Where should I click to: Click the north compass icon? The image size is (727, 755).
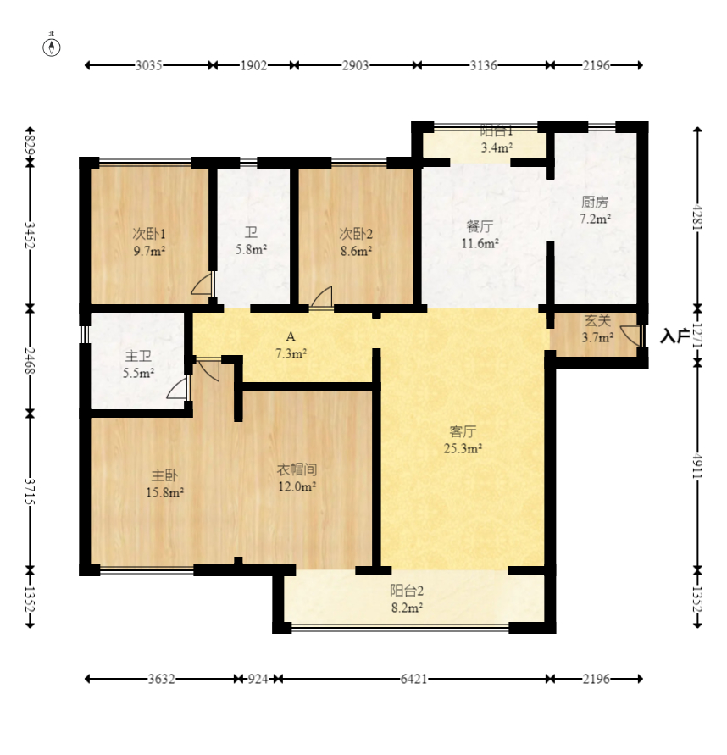[52, 47]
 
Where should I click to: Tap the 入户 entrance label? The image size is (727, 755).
[674, 336]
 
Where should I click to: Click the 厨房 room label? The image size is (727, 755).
[595, 202]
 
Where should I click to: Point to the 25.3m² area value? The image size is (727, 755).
[463, 448]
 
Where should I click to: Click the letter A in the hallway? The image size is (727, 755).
[291, 336]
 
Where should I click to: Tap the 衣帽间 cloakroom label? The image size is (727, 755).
[297, 469]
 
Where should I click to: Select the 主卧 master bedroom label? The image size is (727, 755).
[164, 475]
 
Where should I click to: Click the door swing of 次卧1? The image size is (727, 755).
[202, 284]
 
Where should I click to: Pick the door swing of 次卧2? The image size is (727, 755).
[322, 297]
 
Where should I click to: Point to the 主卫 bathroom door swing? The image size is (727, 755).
[178, 389]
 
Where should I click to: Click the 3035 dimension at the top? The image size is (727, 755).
[148, 65]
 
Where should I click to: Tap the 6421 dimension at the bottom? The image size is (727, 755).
[413, 679]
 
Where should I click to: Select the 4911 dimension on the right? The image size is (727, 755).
[697, 465]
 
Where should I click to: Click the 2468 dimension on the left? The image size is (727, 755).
[30, 361]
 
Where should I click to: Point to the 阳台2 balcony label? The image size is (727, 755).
[407, 591]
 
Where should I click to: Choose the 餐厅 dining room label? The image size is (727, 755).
[480, 226]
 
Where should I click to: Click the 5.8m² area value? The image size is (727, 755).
[251, 249]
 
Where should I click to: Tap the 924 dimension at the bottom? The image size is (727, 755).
[258, 679]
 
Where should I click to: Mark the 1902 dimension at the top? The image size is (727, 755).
[253, 65]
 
